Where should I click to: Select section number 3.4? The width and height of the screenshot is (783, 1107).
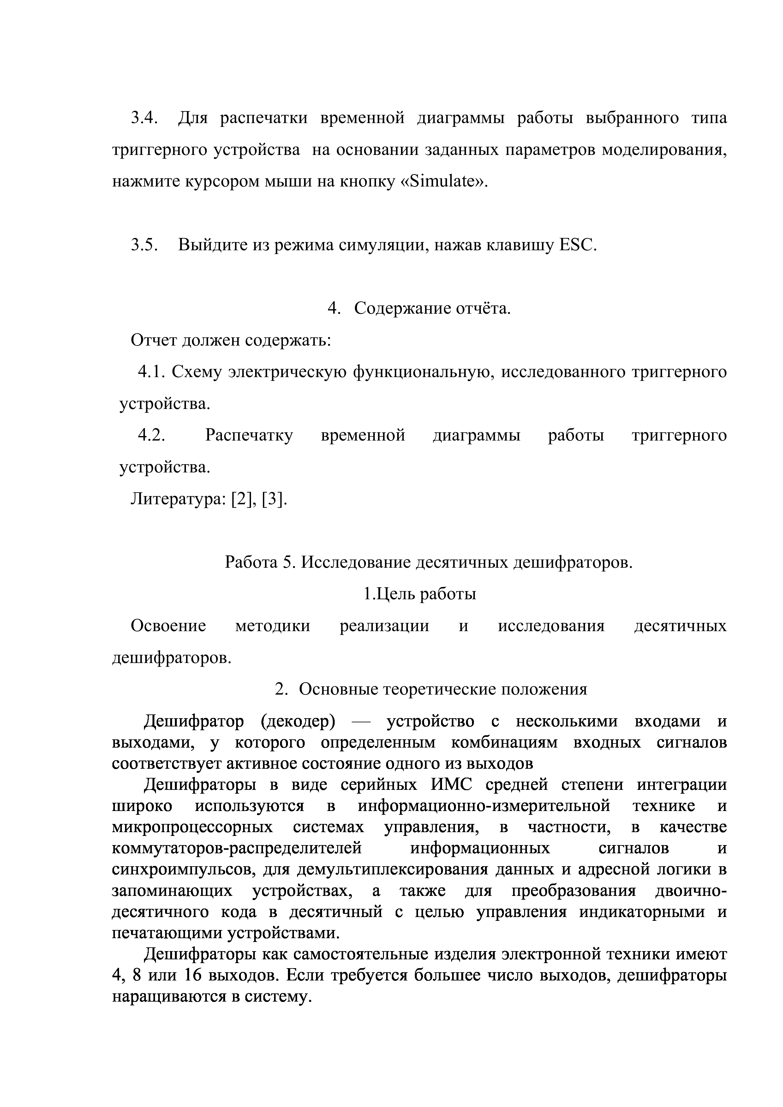(x=145, y=118)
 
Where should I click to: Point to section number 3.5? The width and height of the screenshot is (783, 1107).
(x=145, y=246)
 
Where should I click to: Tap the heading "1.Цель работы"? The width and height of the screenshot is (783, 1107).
(x=420, y=594)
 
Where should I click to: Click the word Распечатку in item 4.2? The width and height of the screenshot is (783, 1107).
(x=249, y=435)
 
